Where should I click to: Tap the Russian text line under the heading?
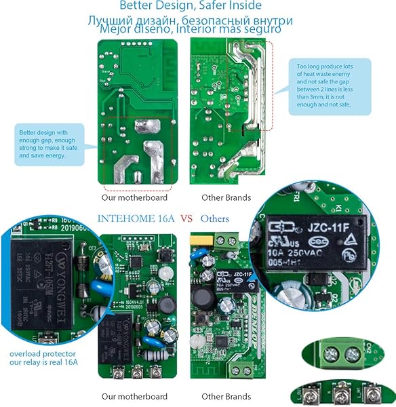pos(191,20)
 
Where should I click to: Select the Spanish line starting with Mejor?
pos(190,29)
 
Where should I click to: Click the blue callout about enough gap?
pos(51,144)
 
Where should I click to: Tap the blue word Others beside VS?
pos(214,218)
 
